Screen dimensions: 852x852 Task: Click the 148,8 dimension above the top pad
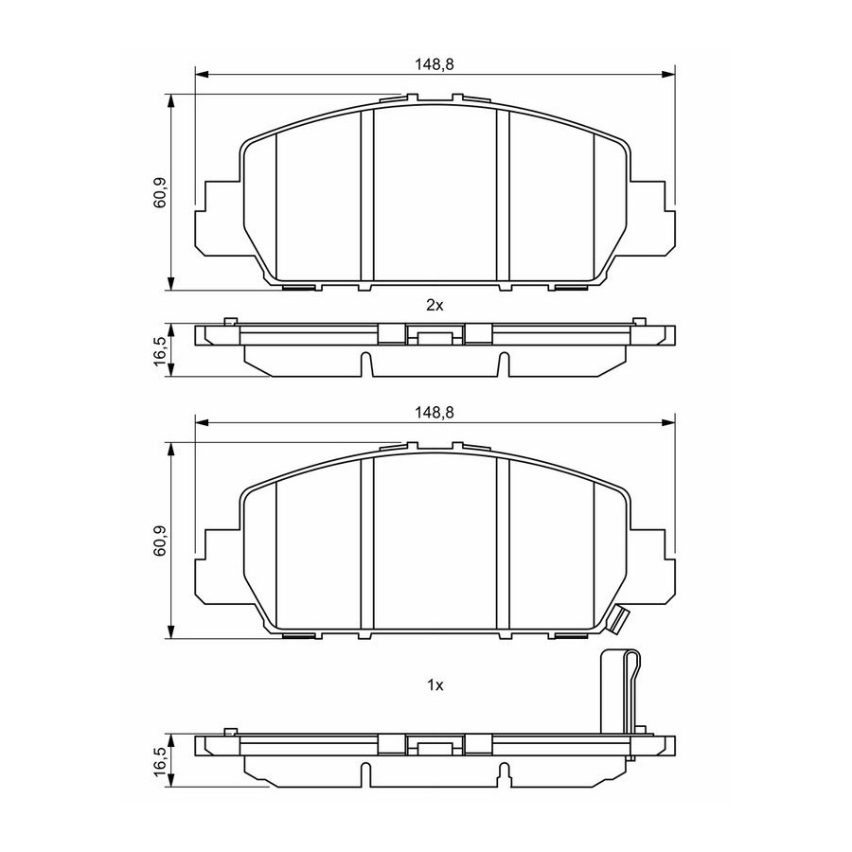(x=435, y=64)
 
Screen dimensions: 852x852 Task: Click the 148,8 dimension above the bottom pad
(x=435, y=413)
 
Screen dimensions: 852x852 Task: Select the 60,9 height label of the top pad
(x=160, y=193)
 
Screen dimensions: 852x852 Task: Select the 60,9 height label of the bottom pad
(x=160, y=541)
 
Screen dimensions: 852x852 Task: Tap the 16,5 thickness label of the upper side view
(x=160, y=350)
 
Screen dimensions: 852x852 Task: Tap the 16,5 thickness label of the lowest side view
(x=160, y=761)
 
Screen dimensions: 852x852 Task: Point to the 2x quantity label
(x=435, y=306)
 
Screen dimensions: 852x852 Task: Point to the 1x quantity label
(x=435, y=685)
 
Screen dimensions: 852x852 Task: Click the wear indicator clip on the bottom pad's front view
(x=618, y=619)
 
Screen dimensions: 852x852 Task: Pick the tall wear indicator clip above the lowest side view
(x=620, y=693)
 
